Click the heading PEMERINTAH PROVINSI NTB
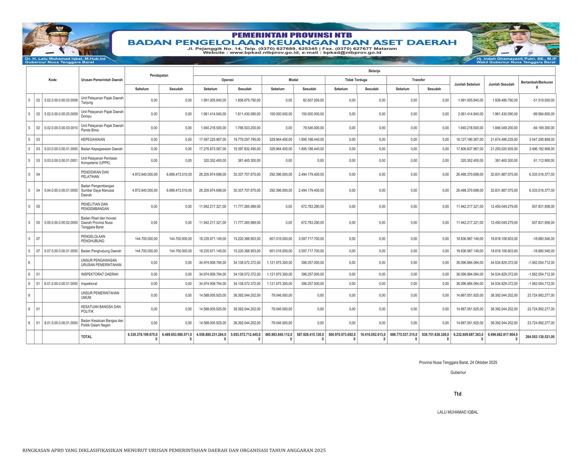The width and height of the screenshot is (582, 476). [292, 35]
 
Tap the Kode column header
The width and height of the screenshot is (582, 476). [52, 80]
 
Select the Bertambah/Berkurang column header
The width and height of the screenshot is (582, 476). [537, 84]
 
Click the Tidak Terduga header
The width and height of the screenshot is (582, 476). [356, 80]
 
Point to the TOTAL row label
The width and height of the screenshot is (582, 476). [87, 337]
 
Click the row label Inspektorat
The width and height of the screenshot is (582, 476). [89, 284]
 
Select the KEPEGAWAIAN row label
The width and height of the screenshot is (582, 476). [93, 140]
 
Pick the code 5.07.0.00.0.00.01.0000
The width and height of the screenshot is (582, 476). [61, 251]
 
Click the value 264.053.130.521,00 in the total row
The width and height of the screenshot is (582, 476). [540, 337]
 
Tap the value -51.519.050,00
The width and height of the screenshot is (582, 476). [543, 100]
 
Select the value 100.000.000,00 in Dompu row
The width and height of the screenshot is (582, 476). [281, 114]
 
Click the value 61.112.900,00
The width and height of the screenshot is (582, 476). [544, 160]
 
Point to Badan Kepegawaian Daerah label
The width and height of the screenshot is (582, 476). [101, 149]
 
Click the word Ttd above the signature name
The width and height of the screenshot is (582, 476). [458, 394]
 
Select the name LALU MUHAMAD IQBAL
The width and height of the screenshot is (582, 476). [458, 412]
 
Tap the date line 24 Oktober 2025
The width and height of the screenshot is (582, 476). [458, 363]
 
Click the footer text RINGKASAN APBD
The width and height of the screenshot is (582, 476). [174, 450]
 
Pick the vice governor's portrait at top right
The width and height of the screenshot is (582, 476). [517, 40]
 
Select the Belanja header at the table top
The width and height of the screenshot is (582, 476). [374, 71]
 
